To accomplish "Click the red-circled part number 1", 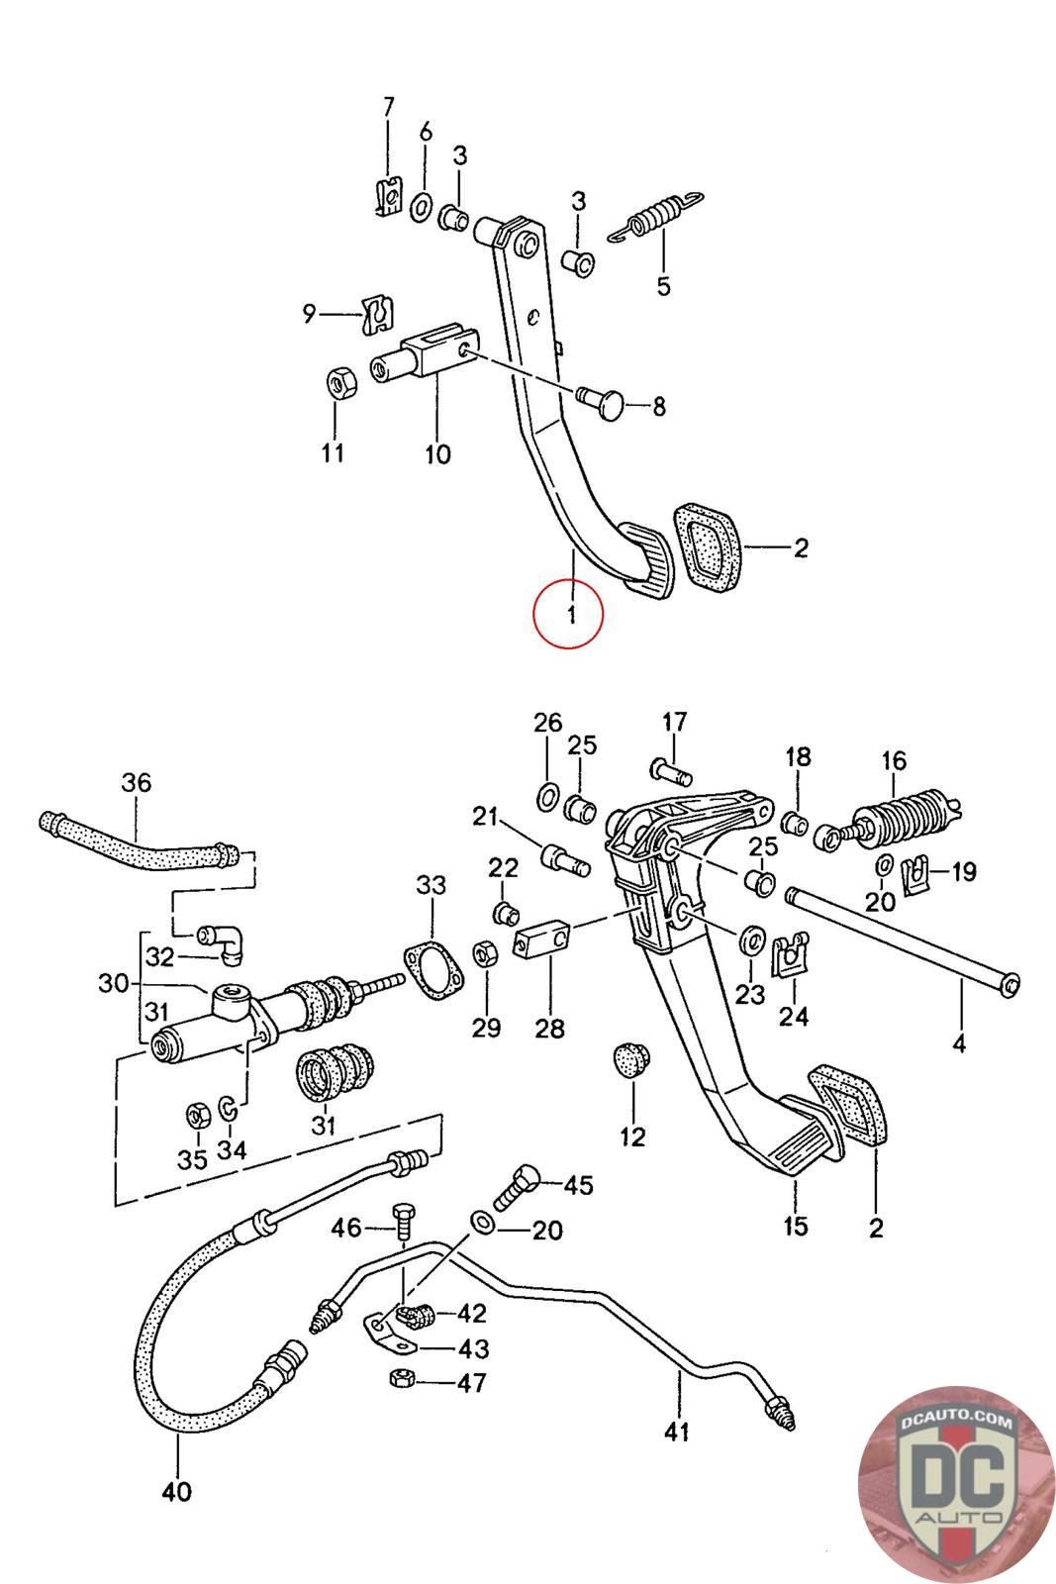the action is (571, 613).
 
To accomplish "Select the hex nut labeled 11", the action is (341, 382).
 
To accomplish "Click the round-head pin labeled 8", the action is (602, 403).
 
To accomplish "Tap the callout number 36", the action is (137, 782).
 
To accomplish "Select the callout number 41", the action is (676, 1432).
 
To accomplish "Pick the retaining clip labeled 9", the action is (377, 315).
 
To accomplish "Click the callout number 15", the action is (795, 1226).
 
